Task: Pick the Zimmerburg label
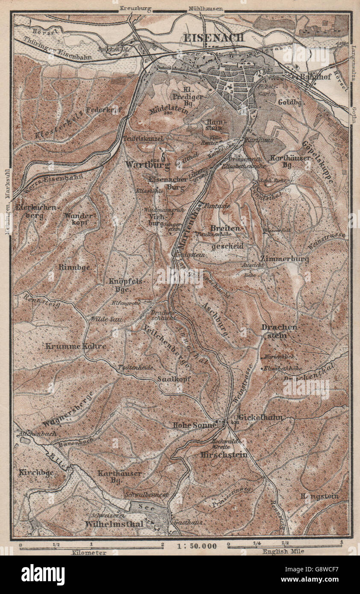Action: [x=284, y=259]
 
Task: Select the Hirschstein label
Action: [x=224, y=455]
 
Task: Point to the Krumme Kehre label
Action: [x=75, y=346]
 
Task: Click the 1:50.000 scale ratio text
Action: [x=196, y=546]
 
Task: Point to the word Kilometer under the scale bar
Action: [x=89, y=553]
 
